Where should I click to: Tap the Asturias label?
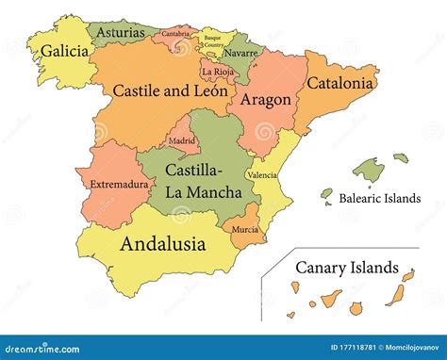tap(121, 32)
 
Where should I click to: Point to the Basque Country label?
tap(214, 41)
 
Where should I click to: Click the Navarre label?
tap(242, 53)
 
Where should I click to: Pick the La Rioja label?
tap(218, 71)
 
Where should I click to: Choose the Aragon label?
tap(265, 98)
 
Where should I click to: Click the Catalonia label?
tap(343, 82)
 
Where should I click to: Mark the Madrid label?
tap(182, 141)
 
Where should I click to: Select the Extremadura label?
tap(120, 185)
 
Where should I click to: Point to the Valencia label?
tap(261, 175)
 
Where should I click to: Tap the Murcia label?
tap(244, 229)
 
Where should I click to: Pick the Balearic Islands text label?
tap(380, 199)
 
